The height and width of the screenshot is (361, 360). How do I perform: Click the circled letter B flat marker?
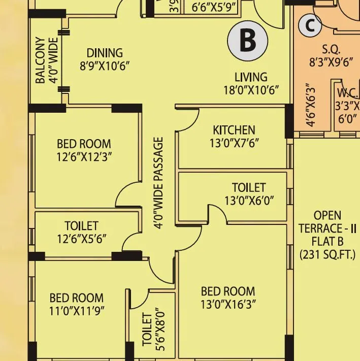pyautogui.click(x=247, y=41)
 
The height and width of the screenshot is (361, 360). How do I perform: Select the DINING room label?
pyautogui.click(x=105, y=53)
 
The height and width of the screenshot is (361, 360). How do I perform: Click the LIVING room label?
pyautogui.click(x=251, y=77)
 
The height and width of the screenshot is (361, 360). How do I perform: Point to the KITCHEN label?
pyautogui.click(x=234, y=130)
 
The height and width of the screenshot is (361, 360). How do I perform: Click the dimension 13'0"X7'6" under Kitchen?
pyautogui.click(x=234, y=143)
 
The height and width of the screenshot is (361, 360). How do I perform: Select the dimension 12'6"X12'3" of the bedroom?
pyautogui.click(x=84, y=157)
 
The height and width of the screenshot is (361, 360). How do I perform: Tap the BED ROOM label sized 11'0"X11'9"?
pyautogui.click(x=76, y=298)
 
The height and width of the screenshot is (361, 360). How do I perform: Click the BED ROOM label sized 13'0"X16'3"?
pyautogui.click(x=228, y=291)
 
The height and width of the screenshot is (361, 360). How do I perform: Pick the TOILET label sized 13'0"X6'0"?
pyautogui.click(x=249, y=187)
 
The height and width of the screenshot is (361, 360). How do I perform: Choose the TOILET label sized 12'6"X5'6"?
pyautogui.click(x=81, y=225)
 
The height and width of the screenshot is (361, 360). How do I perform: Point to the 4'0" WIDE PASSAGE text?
pyautogui.click(x=159, y=183)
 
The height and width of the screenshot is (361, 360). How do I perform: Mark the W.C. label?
pyautogui.click(x=348, y=94)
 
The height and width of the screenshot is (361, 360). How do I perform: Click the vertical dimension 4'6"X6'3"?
pyautogui.click(x=311, y=105)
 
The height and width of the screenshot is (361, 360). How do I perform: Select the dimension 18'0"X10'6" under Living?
pyautogui.click(x=251, y=90)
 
